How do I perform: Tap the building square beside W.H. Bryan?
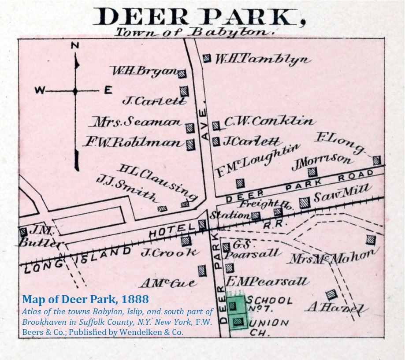pos(182,74)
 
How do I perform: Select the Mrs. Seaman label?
pos(137,122)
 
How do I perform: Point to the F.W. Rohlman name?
pos(133,143)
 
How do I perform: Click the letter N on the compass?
pos(75,45)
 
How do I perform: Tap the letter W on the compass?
pos(40,91)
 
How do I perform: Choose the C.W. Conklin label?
pos(270,121)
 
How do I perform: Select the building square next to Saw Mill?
pos(304,203)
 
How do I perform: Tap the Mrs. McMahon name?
pos(333,256)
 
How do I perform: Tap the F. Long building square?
pos(376,160)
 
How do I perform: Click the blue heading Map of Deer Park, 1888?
pos(85,300)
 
